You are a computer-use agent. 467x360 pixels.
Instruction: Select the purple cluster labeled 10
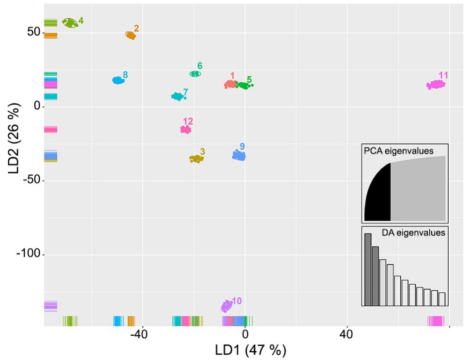click(x=226, y=306)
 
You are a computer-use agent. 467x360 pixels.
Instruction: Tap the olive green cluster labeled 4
click(x=70, y=23)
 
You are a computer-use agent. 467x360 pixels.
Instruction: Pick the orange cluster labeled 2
click(x=131, y=35)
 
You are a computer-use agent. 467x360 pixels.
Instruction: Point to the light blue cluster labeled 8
click(x=118, y=80)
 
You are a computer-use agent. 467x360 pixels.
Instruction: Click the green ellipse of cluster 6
click(x=195, y=74)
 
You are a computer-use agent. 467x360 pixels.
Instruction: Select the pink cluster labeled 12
click(x=186, y=129)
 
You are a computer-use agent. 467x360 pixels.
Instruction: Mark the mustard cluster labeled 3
click(x=196, y=159)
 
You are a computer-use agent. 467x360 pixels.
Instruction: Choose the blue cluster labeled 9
click(x=239, y=155)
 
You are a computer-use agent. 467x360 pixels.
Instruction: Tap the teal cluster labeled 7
click(x=178, y=97)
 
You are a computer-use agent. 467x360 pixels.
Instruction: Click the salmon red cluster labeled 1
click(x=230, y=85)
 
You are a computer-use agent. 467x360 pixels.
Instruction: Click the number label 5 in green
click(x=249, y=79)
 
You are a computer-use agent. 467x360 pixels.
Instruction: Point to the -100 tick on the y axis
click(x=29, y=255)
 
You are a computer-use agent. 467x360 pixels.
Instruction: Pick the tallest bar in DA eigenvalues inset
click(x=368, y=270)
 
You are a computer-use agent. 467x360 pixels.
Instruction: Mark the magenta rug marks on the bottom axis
click(x=436, y=321)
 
